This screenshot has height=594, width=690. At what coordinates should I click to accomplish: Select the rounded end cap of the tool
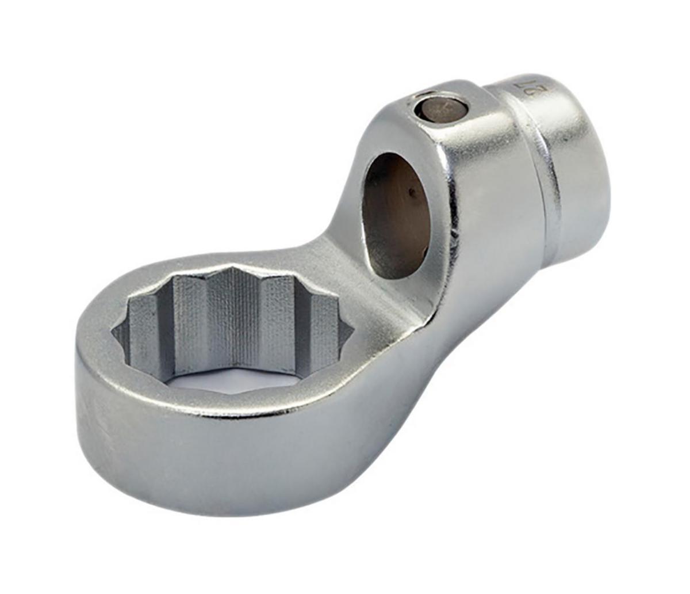click(575, 167)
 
